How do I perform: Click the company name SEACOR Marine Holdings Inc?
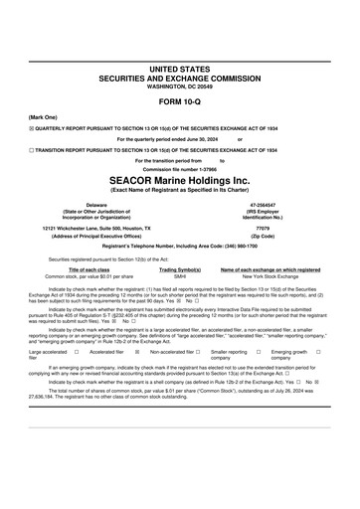[179, 181]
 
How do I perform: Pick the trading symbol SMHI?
[180, 276]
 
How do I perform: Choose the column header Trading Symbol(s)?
[180, 269]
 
